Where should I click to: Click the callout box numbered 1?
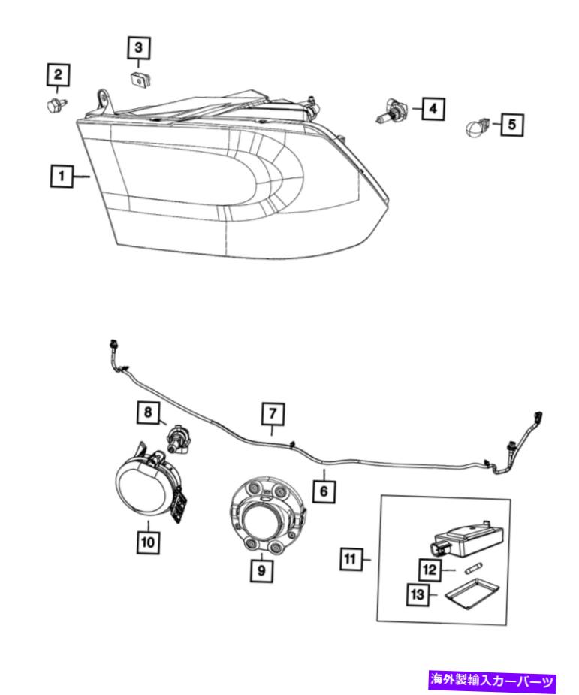tap(61, 176)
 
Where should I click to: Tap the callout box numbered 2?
tap(59, 74)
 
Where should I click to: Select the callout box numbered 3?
tap(139, 47)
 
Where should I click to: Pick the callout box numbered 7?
tap(273, 414)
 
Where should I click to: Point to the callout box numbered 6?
tap(324, 491)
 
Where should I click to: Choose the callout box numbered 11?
tap(351, 559)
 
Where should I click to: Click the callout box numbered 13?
tap(418, 594)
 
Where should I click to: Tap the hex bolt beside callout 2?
tap(56, 105)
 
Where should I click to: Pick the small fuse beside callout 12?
tap(474, 569)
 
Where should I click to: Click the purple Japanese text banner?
tap(492, 681)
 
